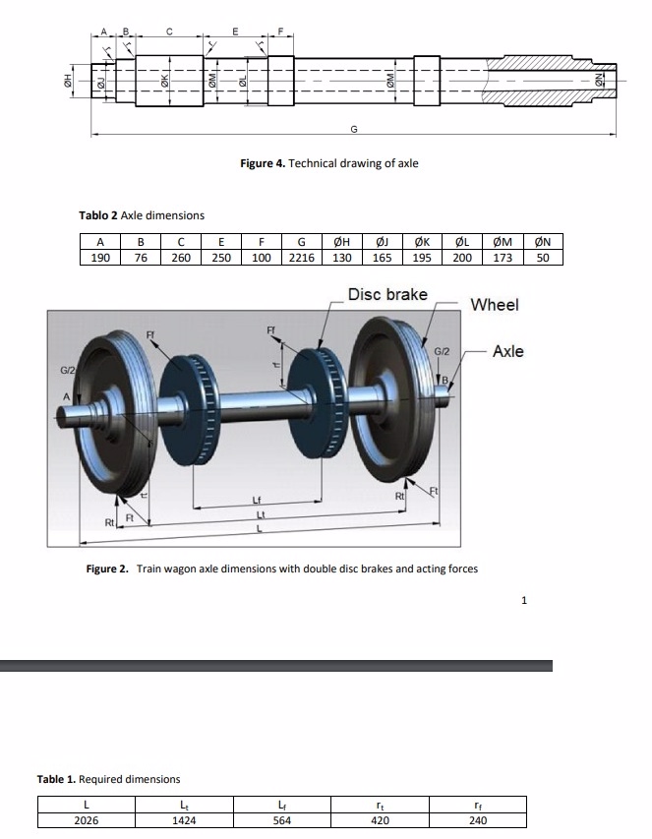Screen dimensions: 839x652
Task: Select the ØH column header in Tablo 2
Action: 341,242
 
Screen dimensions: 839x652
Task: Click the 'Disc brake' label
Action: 387,295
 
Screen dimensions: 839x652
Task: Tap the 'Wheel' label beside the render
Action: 495,305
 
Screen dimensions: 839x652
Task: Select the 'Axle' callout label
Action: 507,351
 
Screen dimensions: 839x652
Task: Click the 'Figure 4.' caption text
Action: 263,163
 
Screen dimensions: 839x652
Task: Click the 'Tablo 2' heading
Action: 98,215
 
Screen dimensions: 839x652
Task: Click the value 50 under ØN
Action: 543,258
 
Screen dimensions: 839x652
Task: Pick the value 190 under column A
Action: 99,258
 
